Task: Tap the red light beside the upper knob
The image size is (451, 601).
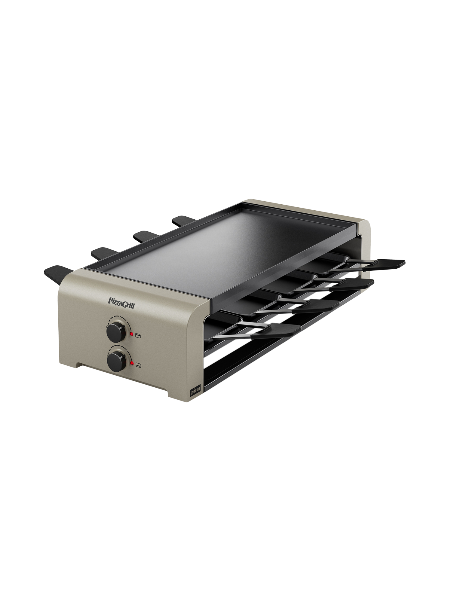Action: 131,334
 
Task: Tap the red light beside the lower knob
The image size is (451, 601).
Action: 132,364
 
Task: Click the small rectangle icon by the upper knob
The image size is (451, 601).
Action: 138,335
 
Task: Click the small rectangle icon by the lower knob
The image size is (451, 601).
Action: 138,365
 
